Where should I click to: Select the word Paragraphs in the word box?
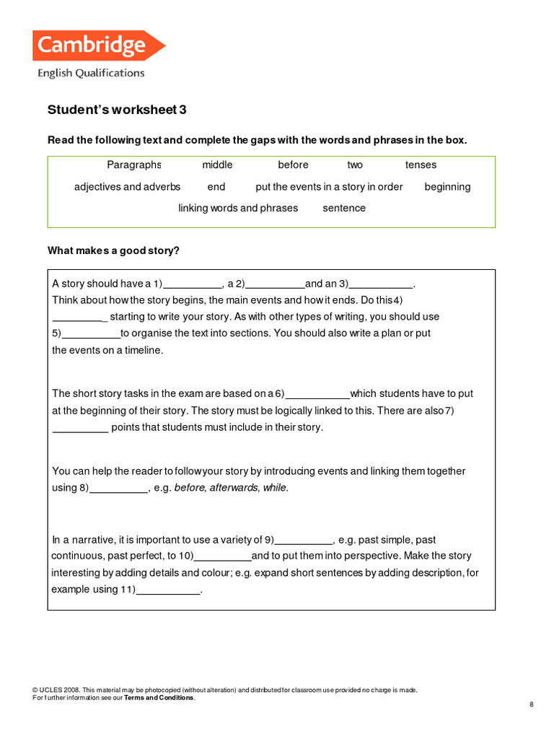pyautogui.click(x=134, y=165)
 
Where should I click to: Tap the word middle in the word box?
pyautogui.click(x=217, y=165)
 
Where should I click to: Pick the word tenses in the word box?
pyautogui.click(x=421, y=165)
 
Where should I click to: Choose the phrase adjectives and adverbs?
pyautogui.click(x=127, y=187)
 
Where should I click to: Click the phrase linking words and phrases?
pyautogui.click(x=238, y=208)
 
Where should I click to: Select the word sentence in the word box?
pyautogui.click(x=344, y=208)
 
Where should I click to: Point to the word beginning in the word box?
pyautogui.click(x=447, y=187)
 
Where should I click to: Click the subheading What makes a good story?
pyautogui.click(x=113, y=250)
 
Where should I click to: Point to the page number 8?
pyautogui.click(x=531, y=704)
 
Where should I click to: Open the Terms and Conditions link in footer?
pyautogui.click(x=159, y=698)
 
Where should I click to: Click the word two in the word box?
pyautogui.click(x=355, y=165)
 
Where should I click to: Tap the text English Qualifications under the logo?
pyautogui.click(x=91, y=73)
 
